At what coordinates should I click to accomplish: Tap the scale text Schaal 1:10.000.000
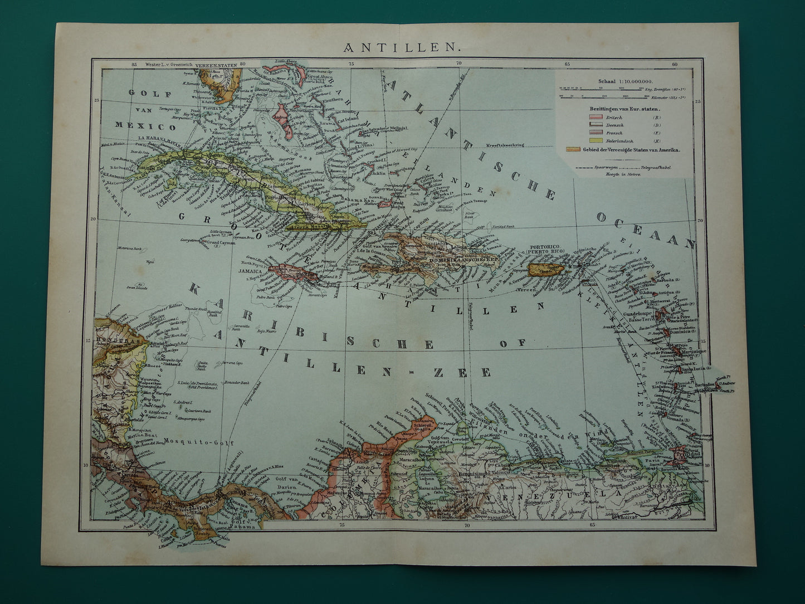[x=623, y=81]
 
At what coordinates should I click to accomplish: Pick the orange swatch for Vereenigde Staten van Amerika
[x=574, y=150]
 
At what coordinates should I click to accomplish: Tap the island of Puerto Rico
[x=547, y=270]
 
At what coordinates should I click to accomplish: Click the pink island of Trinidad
[x=680, y=452]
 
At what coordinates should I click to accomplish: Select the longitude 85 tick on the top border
[x=134, y=65]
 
